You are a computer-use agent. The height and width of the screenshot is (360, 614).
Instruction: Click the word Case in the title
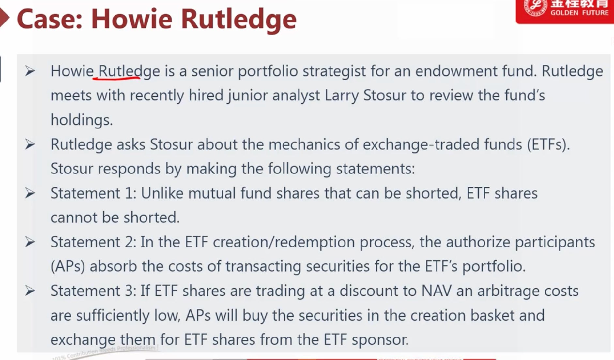(x=49, y=19)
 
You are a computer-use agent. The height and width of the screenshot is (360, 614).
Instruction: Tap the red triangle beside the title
(x=5, y=18)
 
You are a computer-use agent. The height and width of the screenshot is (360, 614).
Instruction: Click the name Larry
(x=342, y=96)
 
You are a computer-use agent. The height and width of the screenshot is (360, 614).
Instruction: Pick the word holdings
(x=82, y=120)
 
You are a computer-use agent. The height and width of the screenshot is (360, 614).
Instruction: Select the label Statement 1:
(x=93, y=193)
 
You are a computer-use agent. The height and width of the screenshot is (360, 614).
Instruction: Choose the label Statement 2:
(x=93, y=242)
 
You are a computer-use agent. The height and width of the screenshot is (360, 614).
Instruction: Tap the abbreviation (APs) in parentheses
(x=68, y=266)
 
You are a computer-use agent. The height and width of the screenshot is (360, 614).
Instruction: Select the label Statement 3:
(x=93, y=291)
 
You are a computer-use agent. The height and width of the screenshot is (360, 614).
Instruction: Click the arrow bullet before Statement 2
(x=30, y=242)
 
